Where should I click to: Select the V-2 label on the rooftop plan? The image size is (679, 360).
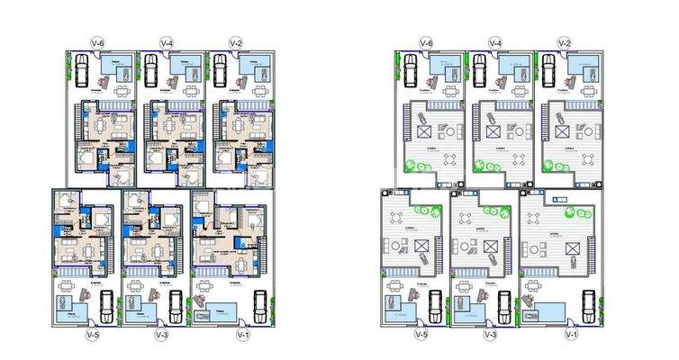point(564,42)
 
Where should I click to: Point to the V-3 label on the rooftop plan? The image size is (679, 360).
point(490,335)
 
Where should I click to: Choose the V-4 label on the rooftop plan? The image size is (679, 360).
point(494,42)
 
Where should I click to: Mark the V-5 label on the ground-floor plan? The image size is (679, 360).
point(91,335)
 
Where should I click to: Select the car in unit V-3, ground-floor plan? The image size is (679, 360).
point(177,306)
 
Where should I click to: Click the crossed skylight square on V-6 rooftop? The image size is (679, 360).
point(423,132)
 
